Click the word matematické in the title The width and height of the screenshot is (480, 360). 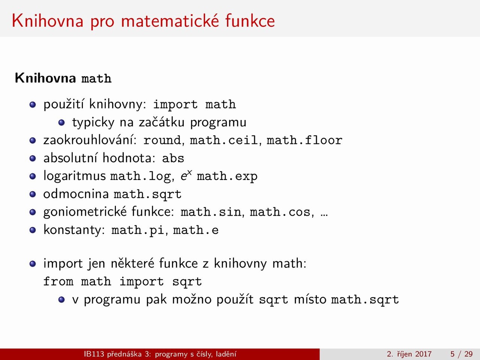pyautogui.click(x=170, y=21)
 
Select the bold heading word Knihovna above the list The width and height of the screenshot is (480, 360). pyautogui.click(x=45, y=78)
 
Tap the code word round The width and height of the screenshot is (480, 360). pyautogui.click(x=162, y=140)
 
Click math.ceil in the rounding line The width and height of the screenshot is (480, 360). pyautogui.click(x=224, y=140)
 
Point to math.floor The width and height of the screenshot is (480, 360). pyautogui.click(x=304, y=140)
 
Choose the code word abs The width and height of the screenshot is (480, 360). pyautogui.click(x=173, y=158)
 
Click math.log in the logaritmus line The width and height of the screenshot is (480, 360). pyautogui.click(x=140, y=177)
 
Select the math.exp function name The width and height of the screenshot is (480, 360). pyautogui.click(x=227, y=177)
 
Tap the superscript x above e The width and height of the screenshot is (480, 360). pyautogui.click(x=189, y=172)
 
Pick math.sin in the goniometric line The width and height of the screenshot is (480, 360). pyautogui.click(x=211, y=212)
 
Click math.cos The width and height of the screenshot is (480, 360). pyautogui.click(x=280, y=212)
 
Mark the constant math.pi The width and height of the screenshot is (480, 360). pyautogui.click(x=138, y=230)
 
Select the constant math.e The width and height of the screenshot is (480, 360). pyautogui.click(x=196, y=230)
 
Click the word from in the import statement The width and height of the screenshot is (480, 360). pyautogui.click(x=58, y=281)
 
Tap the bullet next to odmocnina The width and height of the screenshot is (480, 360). pyautogui.click(x=33, y=194)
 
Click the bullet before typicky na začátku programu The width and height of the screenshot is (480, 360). pyautogui.click(x=61, y=122)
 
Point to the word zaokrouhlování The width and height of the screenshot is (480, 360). pyautogui.click(x=90, y=140)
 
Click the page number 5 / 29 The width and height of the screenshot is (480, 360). pyautogui.click(x=462, y=354)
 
